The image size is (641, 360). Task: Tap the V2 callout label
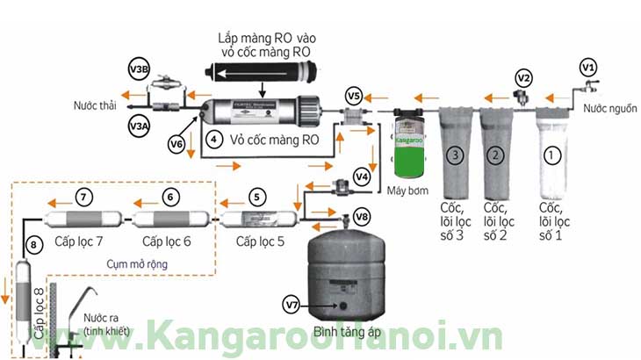523,78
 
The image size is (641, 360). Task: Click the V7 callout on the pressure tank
292,305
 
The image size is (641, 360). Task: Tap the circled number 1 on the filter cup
551,155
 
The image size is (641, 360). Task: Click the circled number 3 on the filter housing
454,156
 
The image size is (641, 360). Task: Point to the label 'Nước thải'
97,106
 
